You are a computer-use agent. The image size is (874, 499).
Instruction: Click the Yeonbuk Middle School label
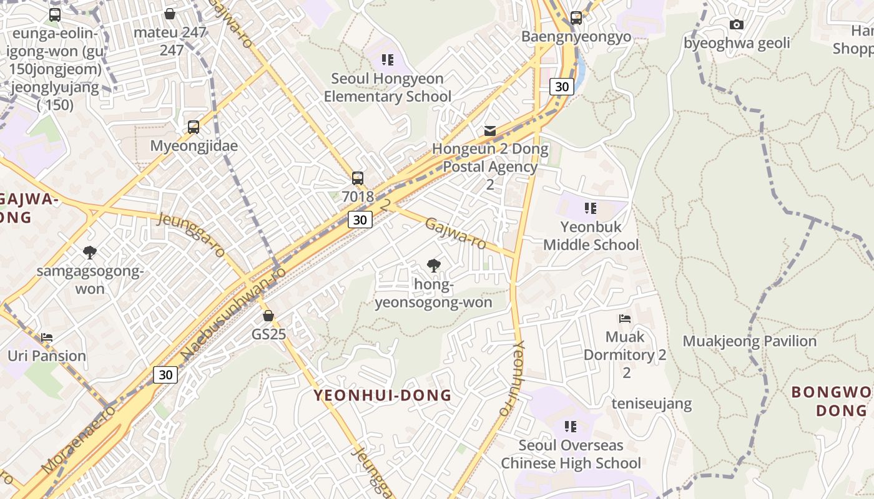(591, 236)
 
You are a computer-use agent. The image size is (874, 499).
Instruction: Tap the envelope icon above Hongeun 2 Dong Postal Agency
(490, 131)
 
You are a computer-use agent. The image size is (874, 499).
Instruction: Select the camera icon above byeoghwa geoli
(737, 25)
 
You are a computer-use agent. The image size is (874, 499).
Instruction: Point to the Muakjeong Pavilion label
(749, 341)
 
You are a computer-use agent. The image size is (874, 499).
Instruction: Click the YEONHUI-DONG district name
(382, 395)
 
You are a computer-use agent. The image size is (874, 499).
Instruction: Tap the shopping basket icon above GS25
(268, 316)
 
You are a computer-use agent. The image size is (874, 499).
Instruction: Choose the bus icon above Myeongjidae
(194, 127)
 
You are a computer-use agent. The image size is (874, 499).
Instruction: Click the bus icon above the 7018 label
(358, 178)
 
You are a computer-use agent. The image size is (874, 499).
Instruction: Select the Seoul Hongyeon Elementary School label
(387, 87)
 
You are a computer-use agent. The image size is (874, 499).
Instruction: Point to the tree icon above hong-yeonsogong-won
(433, 266)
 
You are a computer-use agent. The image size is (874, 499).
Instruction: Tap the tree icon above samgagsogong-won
(90, 253)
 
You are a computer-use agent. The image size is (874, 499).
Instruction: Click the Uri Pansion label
(47, 356)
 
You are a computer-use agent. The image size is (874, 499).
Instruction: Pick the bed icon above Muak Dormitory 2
(625, 319)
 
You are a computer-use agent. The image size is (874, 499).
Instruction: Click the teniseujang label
(651, 404)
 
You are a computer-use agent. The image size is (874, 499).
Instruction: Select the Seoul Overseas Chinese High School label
(571, 454)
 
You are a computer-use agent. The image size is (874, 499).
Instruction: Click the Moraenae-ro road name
(78, 439)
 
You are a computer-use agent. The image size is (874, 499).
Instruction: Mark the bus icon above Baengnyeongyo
(576, 18)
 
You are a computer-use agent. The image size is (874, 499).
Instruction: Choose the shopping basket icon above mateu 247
(170, 14)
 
